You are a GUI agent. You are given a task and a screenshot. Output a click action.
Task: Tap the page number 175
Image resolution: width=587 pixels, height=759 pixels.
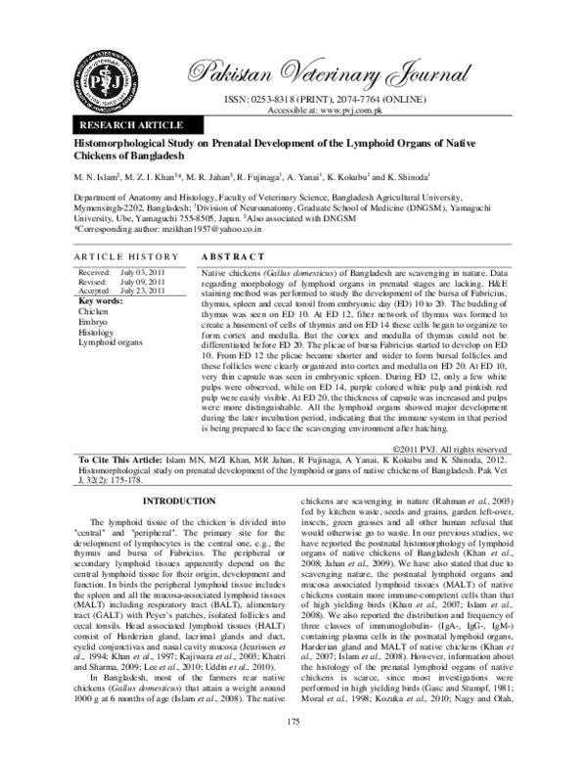tap(293, 721)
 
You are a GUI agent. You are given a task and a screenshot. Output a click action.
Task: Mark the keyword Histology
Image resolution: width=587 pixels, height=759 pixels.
tap(97, 333)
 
